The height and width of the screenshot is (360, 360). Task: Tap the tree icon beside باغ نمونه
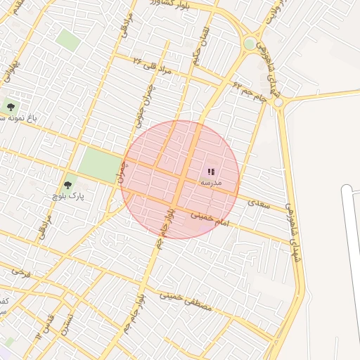[x=11, y=106]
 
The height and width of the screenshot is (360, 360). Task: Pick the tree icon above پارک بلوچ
[x=67, y=186]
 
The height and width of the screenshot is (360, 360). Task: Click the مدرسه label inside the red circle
[x=211, y=182]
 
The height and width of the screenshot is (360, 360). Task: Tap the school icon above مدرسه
[x=211, y=171]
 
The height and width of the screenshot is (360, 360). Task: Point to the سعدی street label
[x=259, y=202]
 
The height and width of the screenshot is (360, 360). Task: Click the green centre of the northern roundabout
[x=249, y=44]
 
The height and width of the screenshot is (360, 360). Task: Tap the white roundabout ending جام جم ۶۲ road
[x=278, y=102]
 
